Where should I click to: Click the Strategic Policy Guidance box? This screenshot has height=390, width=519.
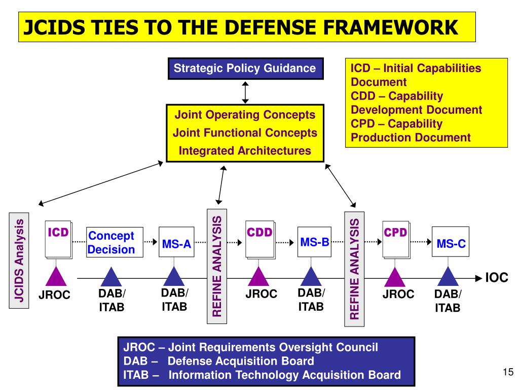point(245,69)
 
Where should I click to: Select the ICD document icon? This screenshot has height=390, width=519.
point(59,240)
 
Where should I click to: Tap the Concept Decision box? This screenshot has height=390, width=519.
point(115,242)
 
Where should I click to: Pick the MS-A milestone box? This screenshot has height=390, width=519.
point(176,242)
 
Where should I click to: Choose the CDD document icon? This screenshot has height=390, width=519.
point(260,240)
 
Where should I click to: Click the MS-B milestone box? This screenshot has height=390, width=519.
point(314,242)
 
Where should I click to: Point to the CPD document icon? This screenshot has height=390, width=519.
point(396,240)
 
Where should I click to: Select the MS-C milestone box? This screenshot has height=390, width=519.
point(450,242)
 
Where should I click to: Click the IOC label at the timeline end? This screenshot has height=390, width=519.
point(497,278)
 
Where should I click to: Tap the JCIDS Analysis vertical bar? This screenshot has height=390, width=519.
point(19,261)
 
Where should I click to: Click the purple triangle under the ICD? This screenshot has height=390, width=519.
point(56,276)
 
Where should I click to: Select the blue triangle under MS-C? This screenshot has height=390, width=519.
point(448,277)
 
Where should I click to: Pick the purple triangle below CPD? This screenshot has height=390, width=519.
point(394,277)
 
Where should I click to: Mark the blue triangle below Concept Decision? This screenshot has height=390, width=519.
point(111,277)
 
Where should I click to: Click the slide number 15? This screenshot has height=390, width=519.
point(508,372)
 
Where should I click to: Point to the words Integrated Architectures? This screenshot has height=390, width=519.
point(245,150)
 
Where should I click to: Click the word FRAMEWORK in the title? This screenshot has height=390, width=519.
point(391,27)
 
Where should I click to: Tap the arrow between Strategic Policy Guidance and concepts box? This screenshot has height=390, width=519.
point(245,92)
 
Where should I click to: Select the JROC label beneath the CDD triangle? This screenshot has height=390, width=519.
point(261,294)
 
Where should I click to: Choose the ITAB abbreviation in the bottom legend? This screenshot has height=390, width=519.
point(136,375)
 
